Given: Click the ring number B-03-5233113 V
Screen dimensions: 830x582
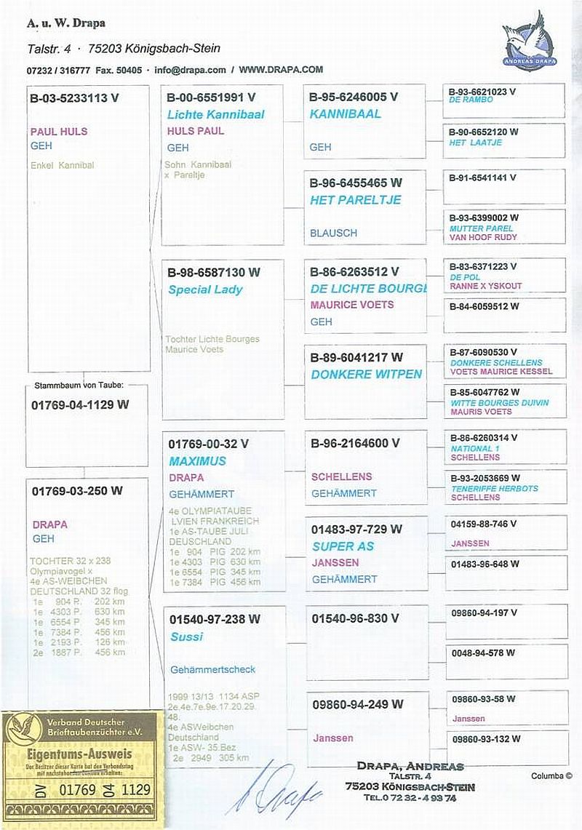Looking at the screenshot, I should pos(73,99).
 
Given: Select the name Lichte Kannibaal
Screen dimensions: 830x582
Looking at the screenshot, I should pos(215,114).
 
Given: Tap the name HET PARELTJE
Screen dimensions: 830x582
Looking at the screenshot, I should pos(355,200).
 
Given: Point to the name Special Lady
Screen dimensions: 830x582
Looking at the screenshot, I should pos(205,290).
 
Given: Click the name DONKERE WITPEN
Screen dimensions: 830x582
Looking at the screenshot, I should pos(366,374).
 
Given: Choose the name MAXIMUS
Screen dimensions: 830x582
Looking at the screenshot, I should pos(197,461).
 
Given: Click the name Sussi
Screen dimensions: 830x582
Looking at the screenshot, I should pos(186,637).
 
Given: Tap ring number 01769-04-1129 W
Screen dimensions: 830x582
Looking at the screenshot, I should pos(80,404).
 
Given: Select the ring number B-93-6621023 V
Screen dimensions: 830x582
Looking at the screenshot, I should pos(482,92).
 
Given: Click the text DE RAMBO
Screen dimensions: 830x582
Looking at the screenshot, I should pos(471,100).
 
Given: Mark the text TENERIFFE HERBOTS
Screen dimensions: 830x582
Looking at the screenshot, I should pos(495,489).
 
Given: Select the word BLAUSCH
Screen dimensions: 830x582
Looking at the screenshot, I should pos(333,233).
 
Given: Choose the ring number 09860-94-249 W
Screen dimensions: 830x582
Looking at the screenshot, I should pos(357,704).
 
